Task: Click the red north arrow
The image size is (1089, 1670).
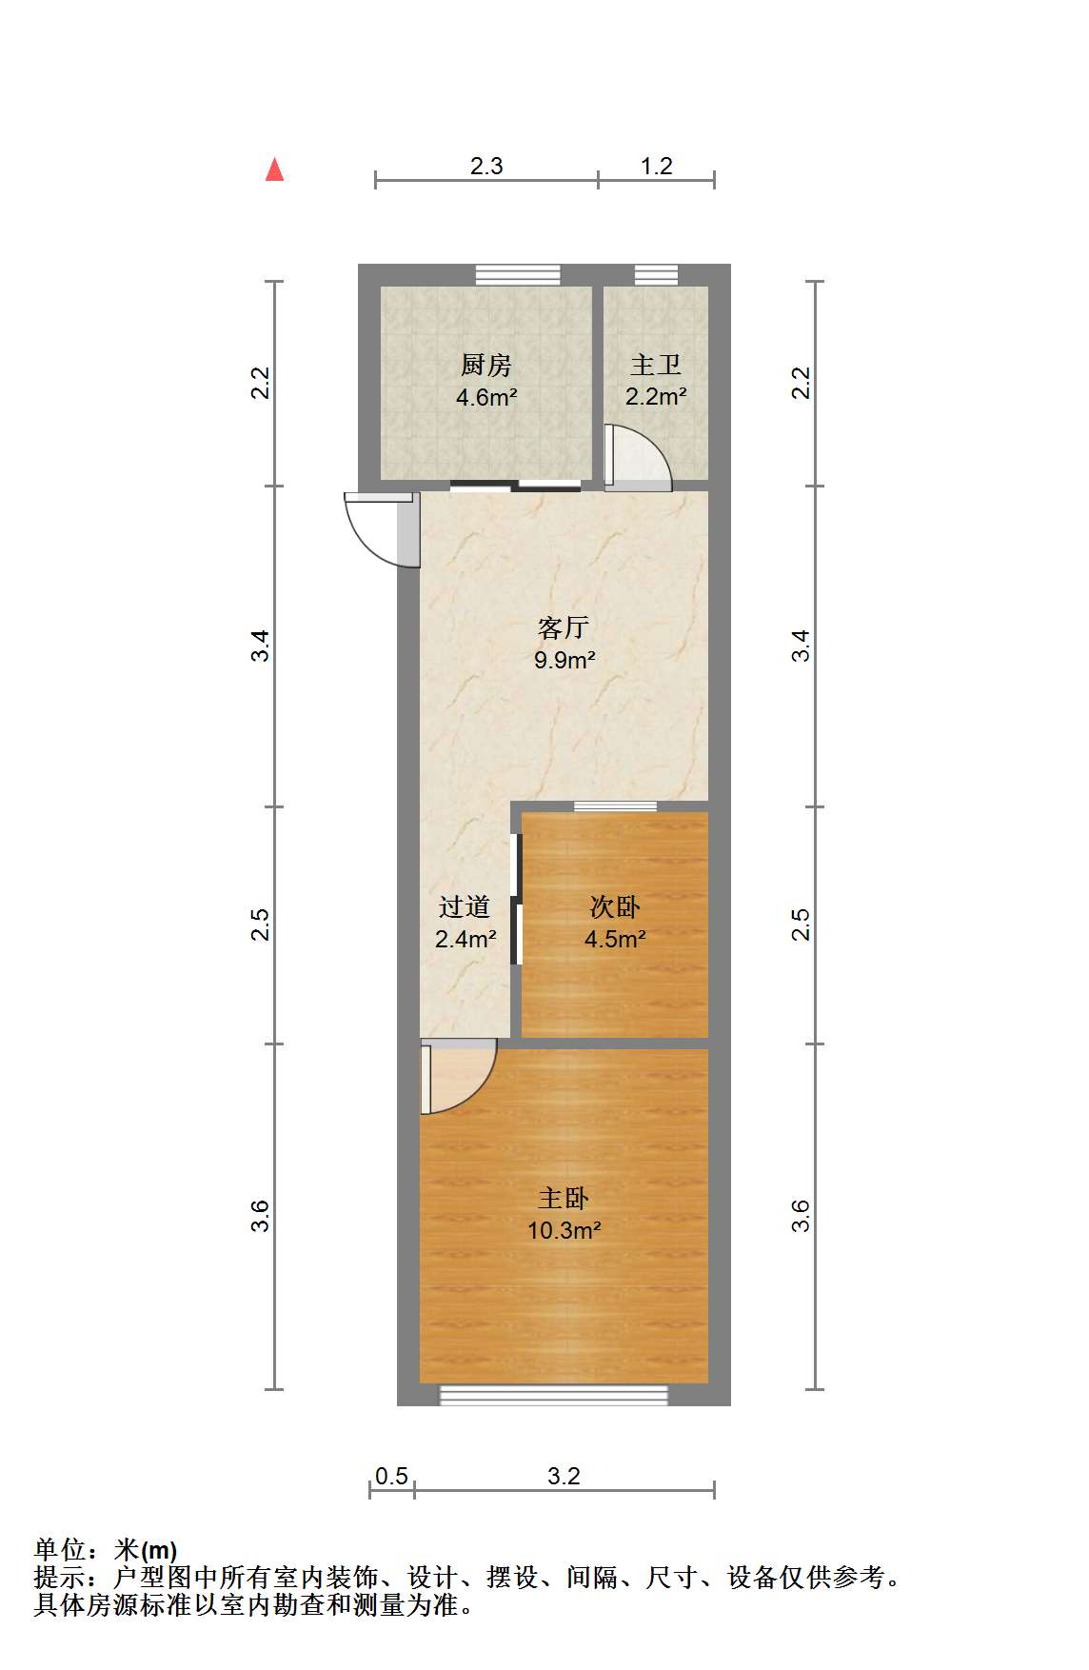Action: [x=275, y=169]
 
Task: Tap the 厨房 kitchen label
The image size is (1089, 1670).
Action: [x=486, y=365]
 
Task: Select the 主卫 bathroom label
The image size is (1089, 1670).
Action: [x=656, y=365]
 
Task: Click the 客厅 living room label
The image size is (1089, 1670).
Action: [x=564, y=627]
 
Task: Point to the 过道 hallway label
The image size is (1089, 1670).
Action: [x=465, y=907]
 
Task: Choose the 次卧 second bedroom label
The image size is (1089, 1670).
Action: [x=615, y=907]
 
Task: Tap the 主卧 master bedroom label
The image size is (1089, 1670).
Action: [x=564, y=1198]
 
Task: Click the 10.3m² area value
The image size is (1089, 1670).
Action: [x=564, y=1230]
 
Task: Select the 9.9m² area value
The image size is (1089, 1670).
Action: [x=564, y=660]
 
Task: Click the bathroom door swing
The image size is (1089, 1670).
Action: [x=638, y=458]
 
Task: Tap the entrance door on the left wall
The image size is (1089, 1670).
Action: [x=382, y=529]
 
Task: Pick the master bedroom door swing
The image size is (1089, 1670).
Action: [x=458, y=1077]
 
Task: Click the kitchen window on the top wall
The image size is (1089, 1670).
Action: [x=519, y=275]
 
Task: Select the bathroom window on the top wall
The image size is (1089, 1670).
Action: [x=657, y=275]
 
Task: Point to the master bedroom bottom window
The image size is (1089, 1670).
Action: [x=553, y=1395]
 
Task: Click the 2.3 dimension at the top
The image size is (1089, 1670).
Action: [x=486, y=166]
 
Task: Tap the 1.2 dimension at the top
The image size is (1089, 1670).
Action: [x=657, y=166]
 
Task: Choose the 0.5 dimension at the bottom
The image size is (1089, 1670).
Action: [x=391, y=1476]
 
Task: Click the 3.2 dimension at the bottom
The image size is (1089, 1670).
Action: [x=564, y=1476]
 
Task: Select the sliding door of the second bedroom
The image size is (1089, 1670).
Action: [x=517, y=900]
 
